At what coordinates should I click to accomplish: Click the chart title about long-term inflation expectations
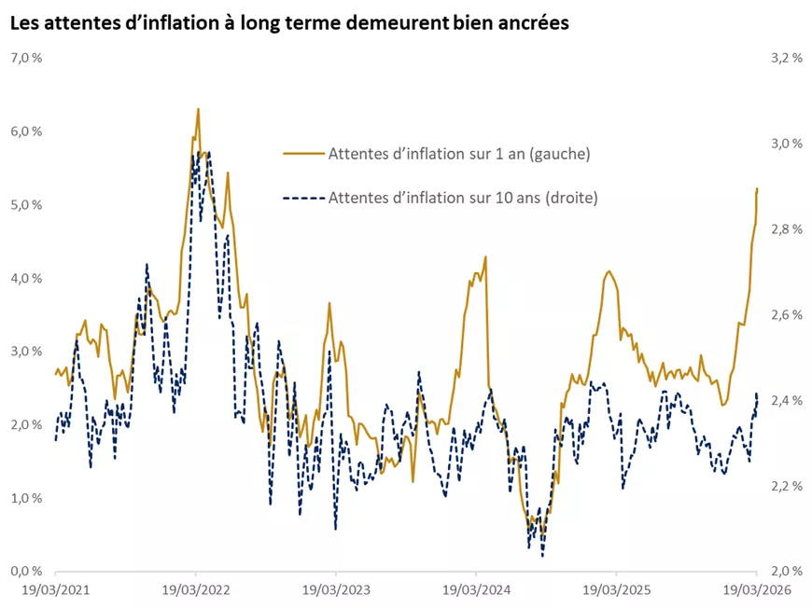click(x=289, y=23)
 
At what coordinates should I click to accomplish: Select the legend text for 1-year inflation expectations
click(x=459, y=153)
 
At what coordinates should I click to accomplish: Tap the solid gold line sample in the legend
click(x=302, y=153)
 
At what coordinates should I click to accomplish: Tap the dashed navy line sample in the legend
click(x=302, y=198)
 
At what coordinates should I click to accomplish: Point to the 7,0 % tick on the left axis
click(x=26, y=58)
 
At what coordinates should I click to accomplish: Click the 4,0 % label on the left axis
click(x=26, y=278)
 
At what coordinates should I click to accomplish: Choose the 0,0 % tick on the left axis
click(x=26, y=571)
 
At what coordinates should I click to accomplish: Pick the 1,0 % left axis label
click(x=26, y=498)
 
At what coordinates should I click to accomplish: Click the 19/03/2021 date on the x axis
click(x=55, y=590)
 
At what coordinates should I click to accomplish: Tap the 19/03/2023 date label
click(x=335, y=590)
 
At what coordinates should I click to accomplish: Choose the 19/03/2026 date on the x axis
click(x=755, y=590)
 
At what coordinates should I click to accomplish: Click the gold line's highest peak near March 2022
click(x=198, y=109)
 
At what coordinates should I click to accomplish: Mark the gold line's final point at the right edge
click(x=757, y=189)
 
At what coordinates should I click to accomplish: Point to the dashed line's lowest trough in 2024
click(x=542, y=557)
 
